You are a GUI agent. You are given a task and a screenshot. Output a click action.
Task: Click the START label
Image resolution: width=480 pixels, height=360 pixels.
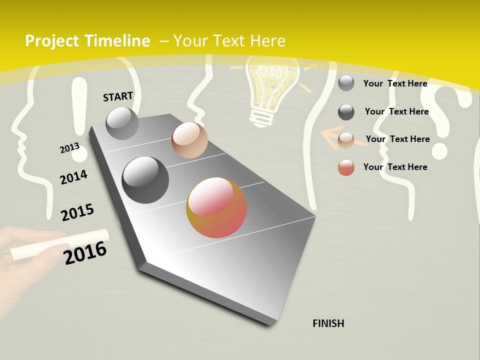point(118,96)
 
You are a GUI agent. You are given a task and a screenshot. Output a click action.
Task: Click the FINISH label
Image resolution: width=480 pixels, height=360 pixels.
point(328,323)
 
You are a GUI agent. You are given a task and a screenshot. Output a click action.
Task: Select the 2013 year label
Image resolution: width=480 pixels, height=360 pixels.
point(69,148)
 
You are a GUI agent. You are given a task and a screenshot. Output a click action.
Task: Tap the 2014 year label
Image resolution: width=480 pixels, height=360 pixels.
point(73,177)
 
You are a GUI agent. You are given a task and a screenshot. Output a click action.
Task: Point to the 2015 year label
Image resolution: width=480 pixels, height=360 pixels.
point(77,212)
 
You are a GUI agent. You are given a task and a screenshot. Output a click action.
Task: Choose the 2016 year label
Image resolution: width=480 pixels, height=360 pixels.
point(85,253)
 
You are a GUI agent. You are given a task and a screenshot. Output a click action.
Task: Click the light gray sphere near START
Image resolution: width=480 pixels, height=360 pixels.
point(122,123)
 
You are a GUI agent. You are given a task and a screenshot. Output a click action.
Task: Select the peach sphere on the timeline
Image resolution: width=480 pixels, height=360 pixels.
point(189,140)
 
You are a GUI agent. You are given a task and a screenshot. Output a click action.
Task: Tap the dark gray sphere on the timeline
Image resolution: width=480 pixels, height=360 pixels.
point(145,179)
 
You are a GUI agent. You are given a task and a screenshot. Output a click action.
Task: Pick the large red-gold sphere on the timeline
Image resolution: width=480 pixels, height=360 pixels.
point(216,207)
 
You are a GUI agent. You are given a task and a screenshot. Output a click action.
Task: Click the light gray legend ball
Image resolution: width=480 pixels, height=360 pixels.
point(346,83)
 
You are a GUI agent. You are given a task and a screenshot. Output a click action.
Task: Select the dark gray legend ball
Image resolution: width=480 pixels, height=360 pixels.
point(346,112)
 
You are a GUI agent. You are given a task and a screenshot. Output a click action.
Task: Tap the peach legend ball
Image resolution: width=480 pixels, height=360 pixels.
point(346,140)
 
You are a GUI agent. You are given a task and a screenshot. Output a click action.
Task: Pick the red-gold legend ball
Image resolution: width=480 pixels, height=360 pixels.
point(346,167)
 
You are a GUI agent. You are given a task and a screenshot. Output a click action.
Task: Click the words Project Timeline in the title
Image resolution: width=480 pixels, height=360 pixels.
point(87,41)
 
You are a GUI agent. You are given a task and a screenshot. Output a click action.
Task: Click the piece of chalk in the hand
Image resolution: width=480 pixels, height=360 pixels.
point(60,244)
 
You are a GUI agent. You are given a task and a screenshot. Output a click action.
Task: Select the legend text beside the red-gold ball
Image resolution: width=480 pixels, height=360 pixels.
point(395,167)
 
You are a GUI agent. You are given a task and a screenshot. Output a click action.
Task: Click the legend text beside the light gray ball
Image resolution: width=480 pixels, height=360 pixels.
point(395,83)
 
